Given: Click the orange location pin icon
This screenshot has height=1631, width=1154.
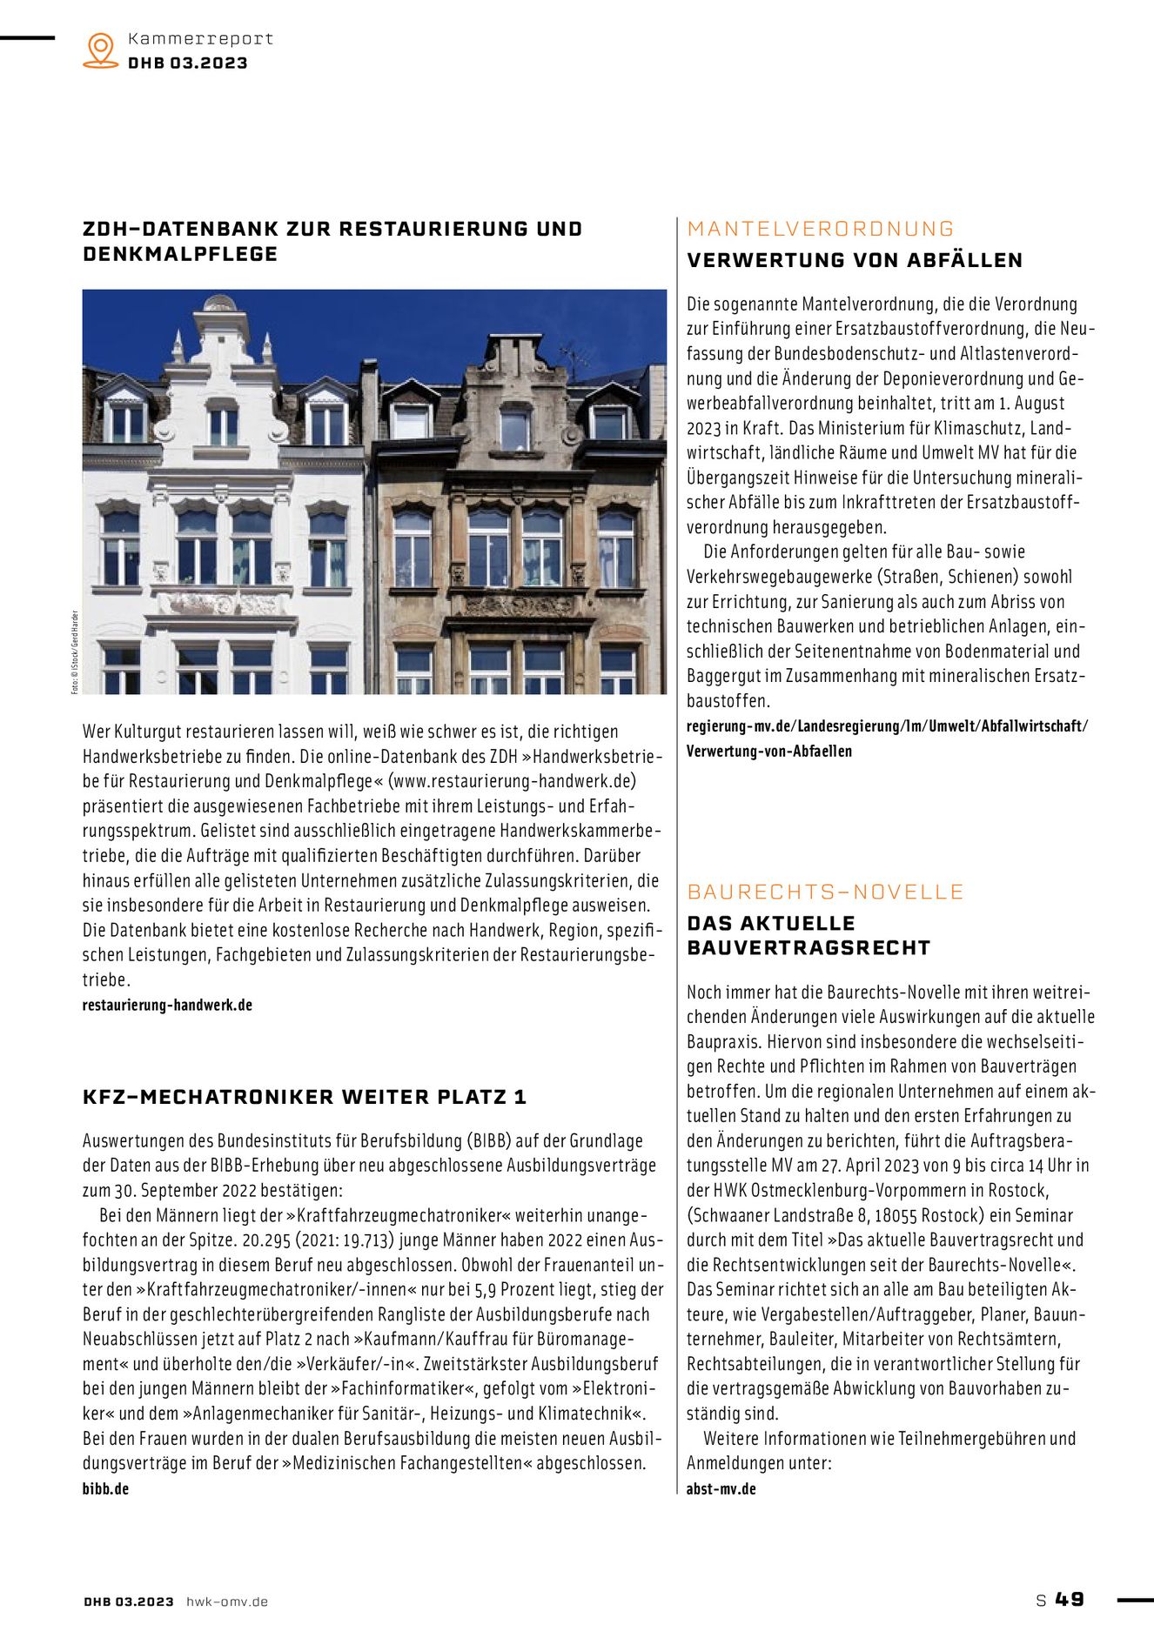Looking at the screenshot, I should click(101, 50).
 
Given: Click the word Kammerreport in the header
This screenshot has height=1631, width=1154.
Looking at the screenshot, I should click(200, 39).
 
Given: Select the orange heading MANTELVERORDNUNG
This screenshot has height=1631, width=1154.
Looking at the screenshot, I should click(821, 229).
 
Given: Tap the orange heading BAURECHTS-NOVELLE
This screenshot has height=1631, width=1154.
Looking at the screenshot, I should click(825, 892).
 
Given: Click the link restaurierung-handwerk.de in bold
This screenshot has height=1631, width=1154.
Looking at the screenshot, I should click(167, 1005).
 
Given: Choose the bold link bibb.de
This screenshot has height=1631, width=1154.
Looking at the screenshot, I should click(105, 1488).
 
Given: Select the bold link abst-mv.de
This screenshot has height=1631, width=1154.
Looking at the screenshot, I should click(721, 1488).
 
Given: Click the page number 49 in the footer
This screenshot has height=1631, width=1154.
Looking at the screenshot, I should click(1070, 1599).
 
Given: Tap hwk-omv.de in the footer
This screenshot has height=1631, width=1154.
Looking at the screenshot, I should click(227, 1601).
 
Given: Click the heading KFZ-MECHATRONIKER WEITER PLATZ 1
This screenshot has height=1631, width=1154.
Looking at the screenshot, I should click(305, 1097).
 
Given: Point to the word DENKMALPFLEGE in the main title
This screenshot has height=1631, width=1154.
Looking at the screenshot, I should click(180, 254).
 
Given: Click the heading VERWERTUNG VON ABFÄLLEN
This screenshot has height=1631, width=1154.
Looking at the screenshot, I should click(855, 260).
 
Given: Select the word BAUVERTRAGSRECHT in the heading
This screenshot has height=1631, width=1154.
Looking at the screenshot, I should click(808, 947).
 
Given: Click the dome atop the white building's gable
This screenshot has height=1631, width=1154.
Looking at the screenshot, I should click(219, 304).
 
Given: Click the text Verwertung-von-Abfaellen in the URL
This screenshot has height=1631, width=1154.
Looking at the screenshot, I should click(769, 751).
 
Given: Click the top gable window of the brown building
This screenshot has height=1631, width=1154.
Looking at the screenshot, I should click(514, 429).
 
